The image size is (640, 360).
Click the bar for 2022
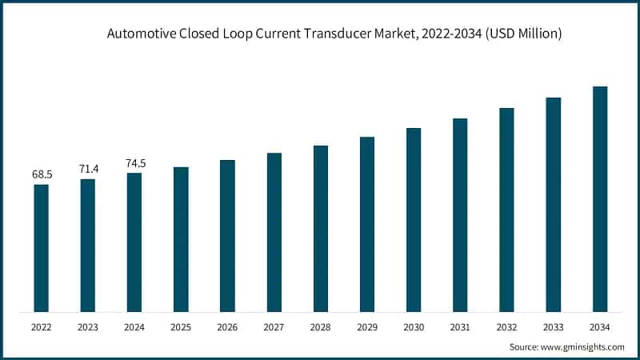click(x=41, y=248)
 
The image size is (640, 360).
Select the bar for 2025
click(x=181, y=239)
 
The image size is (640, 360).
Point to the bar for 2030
click(x=414, y=219)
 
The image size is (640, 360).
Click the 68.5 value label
click(x=41, y=174)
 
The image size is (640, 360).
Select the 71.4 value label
click(x=87, y=169)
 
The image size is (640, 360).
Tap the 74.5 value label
click(x=134, y=163)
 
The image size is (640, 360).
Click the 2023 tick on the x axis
click(x=87, y=327)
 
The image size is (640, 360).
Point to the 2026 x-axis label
click(x=227, y=327)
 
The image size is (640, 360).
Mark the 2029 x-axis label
click(x=367, y=327)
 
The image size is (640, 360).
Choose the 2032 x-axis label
click(x=506, y=327)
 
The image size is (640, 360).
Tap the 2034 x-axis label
click(x=600, y=327)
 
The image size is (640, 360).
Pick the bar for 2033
click(x=554, y=204)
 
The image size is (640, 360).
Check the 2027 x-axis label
click(x=274, y=327)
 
